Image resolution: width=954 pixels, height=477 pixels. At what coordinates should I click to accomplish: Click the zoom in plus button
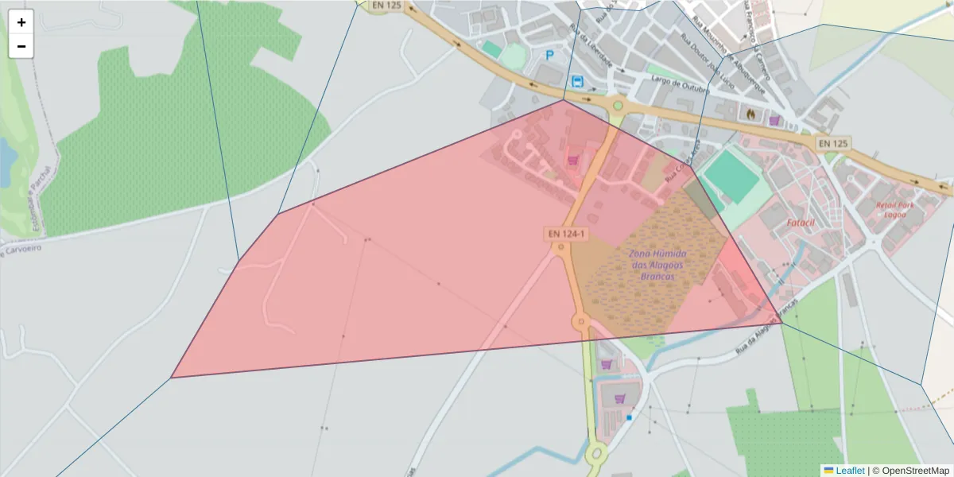click(21, 22)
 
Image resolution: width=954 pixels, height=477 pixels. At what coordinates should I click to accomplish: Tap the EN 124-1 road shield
click(566, 234)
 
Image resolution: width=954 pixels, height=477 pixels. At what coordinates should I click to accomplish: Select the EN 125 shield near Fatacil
click(833, 143)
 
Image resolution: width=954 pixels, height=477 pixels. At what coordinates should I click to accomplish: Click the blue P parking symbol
click(549, 55)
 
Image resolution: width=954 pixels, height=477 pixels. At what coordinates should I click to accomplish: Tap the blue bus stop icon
click(577, 81)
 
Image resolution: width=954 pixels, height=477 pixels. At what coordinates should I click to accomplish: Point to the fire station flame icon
click(750, 114)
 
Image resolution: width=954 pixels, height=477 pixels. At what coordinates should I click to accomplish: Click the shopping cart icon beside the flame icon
click(774, 120)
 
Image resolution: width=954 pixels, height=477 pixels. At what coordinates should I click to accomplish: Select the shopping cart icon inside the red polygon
click(572, 161)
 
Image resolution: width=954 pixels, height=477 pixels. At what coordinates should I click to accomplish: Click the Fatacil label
click(801, 223)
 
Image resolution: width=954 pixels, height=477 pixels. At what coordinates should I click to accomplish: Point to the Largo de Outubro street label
click(679, 84)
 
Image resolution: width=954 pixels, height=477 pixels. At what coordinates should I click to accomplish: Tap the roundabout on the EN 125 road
click(616, 105)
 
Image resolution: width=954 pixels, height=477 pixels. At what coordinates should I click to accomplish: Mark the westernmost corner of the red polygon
click(172, 377)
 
